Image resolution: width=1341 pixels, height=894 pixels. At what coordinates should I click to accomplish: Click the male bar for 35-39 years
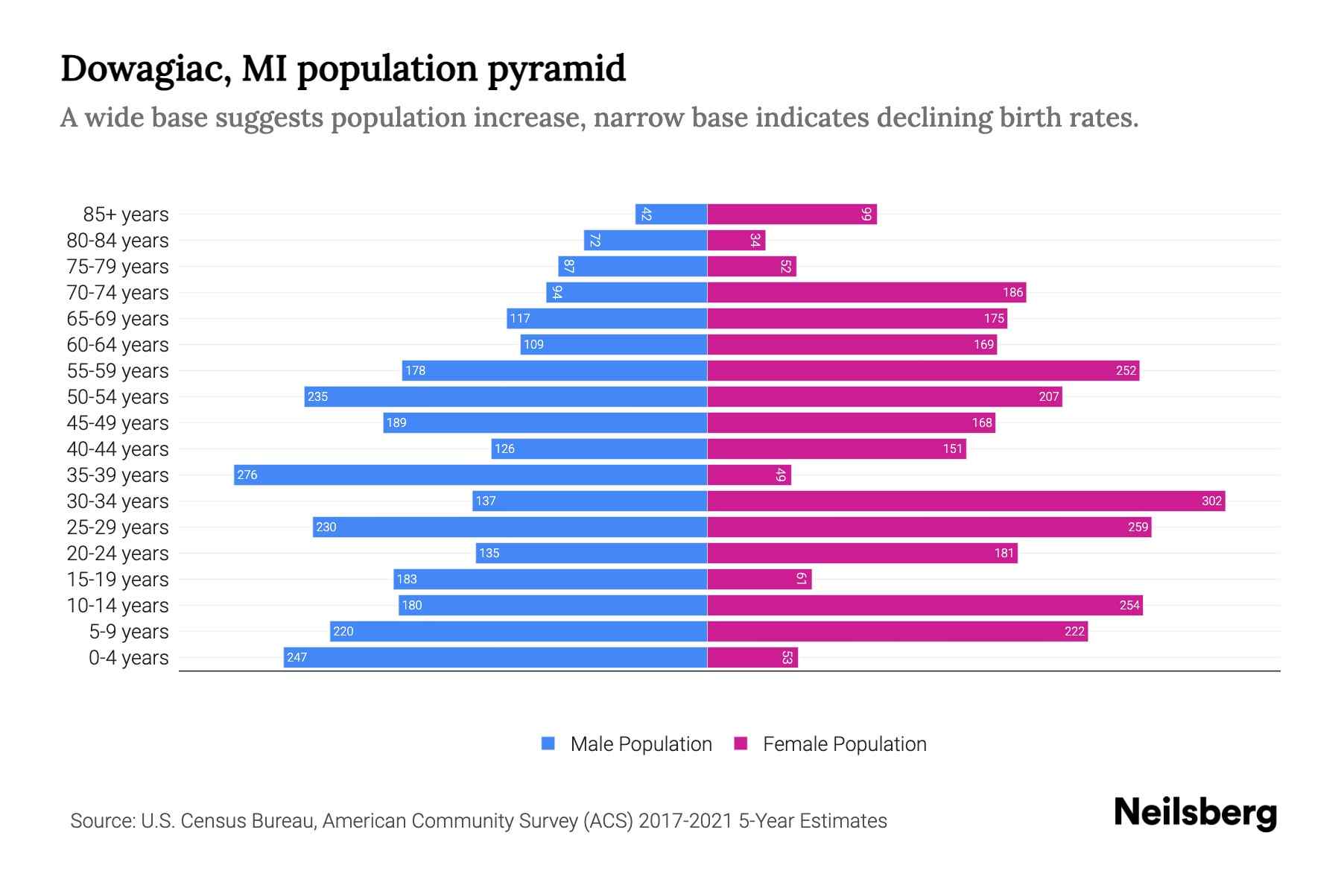coord(470,475)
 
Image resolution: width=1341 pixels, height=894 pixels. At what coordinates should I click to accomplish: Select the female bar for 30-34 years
coord(966,501)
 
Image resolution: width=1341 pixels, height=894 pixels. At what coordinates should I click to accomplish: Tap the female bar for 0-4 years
coord(752,657)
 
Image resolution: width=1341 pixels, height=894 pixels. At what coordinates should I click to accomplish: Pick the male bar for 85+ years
coord(670,214)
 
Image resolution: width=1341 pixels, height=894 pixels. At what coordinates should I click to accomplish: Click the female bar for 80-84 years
coord(736,240)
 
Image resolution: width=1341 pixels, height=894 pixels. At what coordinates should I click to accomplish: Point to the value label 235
coord(317,396)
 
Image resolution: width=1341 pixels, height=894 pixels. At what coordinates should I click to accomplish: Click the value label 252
coord(1126,370)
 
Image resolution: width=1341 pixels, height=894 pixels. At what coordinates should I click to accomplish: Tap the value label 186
coord(1012,292)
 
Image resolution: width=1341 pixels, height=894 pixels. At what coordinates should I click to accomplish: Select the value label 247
coord(297,657)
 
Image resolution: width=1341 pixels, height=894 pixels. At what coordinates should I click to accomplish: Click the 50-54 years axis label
coord(118,396)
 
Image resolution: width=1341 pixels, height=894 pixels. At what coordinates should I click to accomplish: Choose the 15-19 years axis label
coord(118,579)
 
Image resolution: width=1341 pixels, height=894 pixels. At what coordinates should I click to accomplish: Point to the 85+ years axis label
coord(126,214)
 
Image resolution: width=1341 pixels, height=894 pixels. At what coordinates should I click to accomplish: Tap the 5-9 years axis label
coord(129,631)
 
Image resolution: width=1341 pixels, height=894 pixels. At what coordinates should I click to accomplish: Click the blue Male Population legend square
coord(548,744)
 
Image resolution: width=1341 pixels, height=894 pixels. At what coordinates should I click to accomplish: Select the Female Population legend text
coord(844,744)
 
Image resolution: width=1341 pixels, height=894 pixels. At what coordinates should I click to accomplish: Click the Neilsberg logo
coord(1195,812)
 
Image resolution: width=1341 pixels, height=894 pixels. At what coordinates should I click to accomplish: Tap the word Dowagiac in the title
coord(145,69)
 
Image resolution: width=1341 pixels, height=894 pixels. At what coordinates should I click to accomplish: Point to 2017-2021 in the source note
coord(685,820)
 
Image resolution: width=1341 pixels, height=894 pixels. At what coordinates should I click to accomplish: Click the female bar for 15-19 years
coord(758,579)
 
